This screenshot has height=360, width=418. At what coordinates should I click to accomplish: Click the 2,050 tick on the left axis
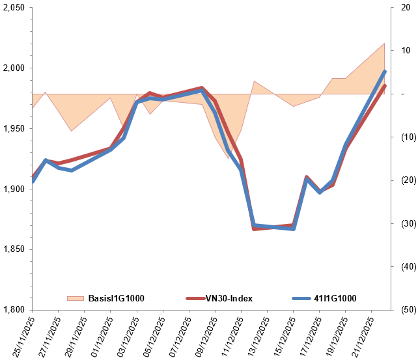click(13, 8)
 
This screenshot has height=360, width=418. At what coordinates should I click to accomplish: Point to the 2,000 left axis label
click(13, 68)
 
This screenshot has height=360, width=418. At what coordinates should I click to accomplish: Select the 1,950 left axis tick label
click(13, 129)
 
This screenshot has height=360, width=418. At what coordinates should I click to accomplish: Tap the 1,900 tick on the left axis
click(13, 189)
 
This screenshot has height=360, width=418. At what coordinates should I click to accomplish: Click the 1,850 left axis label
click(13, 249)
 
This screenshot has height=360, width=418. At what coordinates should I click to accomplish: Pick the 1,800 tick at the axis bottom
click(13, 310)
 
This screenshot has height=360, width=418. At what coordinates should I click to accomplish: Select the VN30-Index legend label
click(229, 299)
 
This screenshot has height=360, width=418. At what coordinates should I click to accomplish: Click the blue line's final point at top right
click(385, 72)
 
